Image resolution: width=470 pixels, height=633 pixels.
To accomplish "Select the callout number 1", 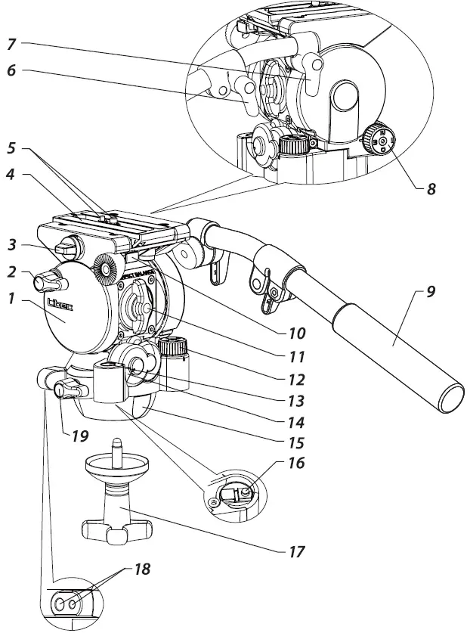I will click(12, 299).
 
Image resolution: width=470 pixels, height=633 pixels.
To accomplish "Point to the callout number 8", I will click(430, 188).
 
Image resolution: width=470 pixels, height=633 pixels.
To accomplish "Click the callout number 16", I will click(295, 461).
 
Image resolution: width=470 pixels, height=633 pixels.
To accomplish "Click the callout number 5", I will click(12, 148).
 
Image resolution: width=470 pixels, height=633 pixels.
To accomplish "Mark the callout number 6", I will click(13, 72).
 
